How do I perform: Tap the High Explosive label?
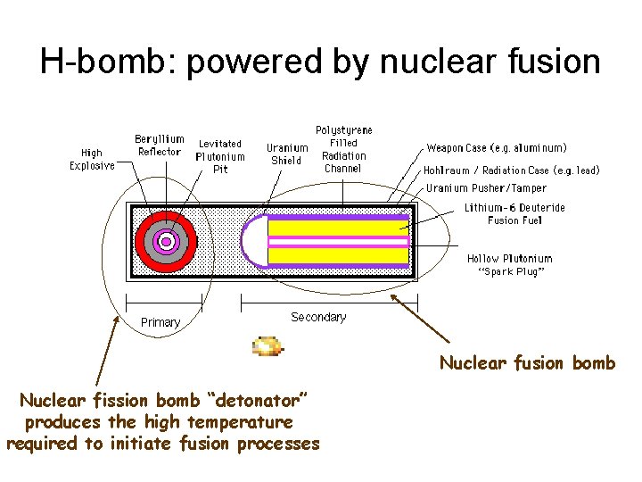(92, 159)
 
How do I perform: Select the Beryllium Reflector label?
(160, 145)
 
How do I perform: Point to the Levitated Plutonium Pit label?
(219, 156)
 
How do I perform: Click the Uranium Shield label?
(287, 154)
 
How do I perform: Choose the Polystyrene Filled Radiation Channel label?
(343, 149)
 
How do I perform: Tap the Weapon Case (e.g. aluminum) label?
(497, 148)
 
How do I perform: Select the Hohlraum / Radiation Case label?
(511, 170)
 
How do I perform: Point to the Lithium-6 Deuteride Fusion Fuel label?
(514, 214)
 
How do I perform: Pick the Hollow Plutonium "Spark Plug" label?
(509, 265)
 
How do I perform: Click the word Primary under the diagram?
(160, 322)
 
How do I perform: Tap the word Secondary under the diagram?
(318, 317)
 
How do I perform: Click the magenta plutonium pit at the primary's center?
(165, 240)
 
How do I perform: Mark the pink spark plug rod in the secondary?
(339, 241)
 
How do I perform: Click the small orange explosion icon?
(267, 346)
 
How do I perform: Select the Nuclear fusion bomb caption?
(527, 362)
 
